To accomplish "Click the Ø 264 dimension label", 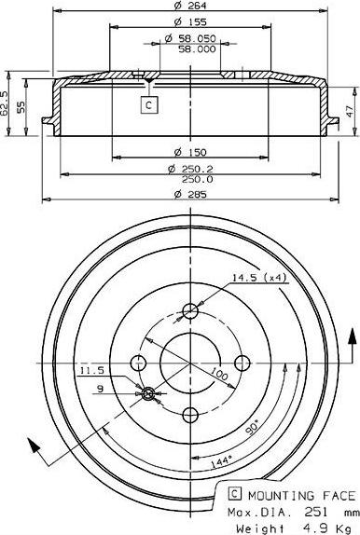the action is (190, 5).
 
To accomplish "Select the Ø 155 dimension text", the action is (190, 22).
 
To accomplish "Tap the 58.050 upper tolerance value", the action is (190, 38).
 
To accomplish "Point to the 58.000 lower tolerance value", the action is (197, 49).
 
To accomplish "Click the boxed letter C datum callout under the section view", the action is (149, 105).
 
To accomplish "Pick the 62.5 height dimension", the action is (4, 103).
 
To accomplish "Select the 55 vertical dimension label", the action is (21, 107).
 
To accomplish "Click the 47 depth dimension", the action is (351, 111).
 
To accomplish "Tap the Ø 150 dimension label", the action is (190, 152).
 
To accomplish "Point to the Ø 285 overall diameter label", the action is (190, 195).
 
